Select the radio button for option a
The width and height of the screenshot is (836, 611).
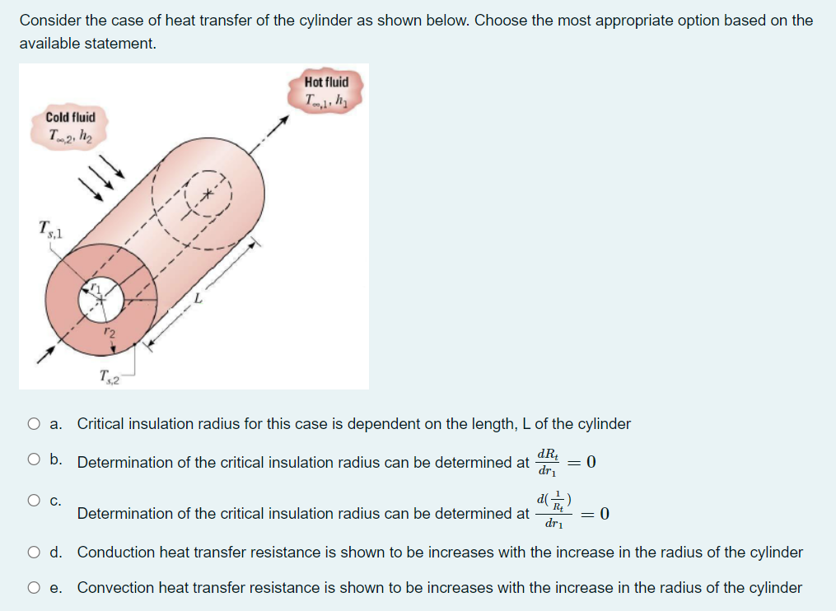[x=33, y=424]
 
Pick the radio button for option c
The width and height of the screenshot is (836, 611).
[x=33, y=500]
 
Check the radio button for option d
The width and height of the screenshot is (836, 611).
[x=33, y=553]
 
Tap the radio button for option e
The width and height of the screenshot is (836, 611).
[x=33, y=588]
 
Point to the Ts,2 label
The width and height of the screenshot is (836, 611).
[x=109, y=377]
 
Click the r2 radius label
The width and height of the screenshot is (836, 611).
[x=110, y=333]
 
